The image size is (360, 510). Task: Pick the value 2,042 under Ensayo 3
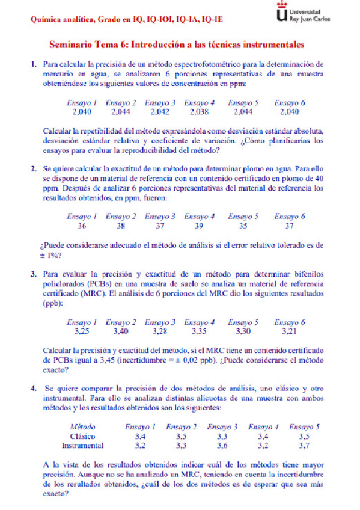(160, 111)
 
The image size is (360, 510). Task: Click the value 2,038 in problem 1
(199, 111)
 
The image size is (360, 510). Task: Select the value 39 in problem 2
(199, 226)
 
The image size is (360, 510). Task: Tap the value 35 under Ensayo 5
(243, 226)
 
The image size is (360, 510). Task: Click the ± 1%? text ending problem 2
(52, 255)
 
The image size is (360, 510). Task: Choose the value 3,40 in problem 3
(120, 331)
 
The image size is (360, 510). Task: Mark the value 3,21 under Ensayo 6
(290, 331)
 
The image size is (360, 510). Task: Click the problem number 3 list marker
(34, 274)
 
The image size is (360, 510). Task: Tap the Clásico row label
(83, 436)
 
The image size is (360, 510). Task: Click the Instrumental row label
(83, 446)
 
